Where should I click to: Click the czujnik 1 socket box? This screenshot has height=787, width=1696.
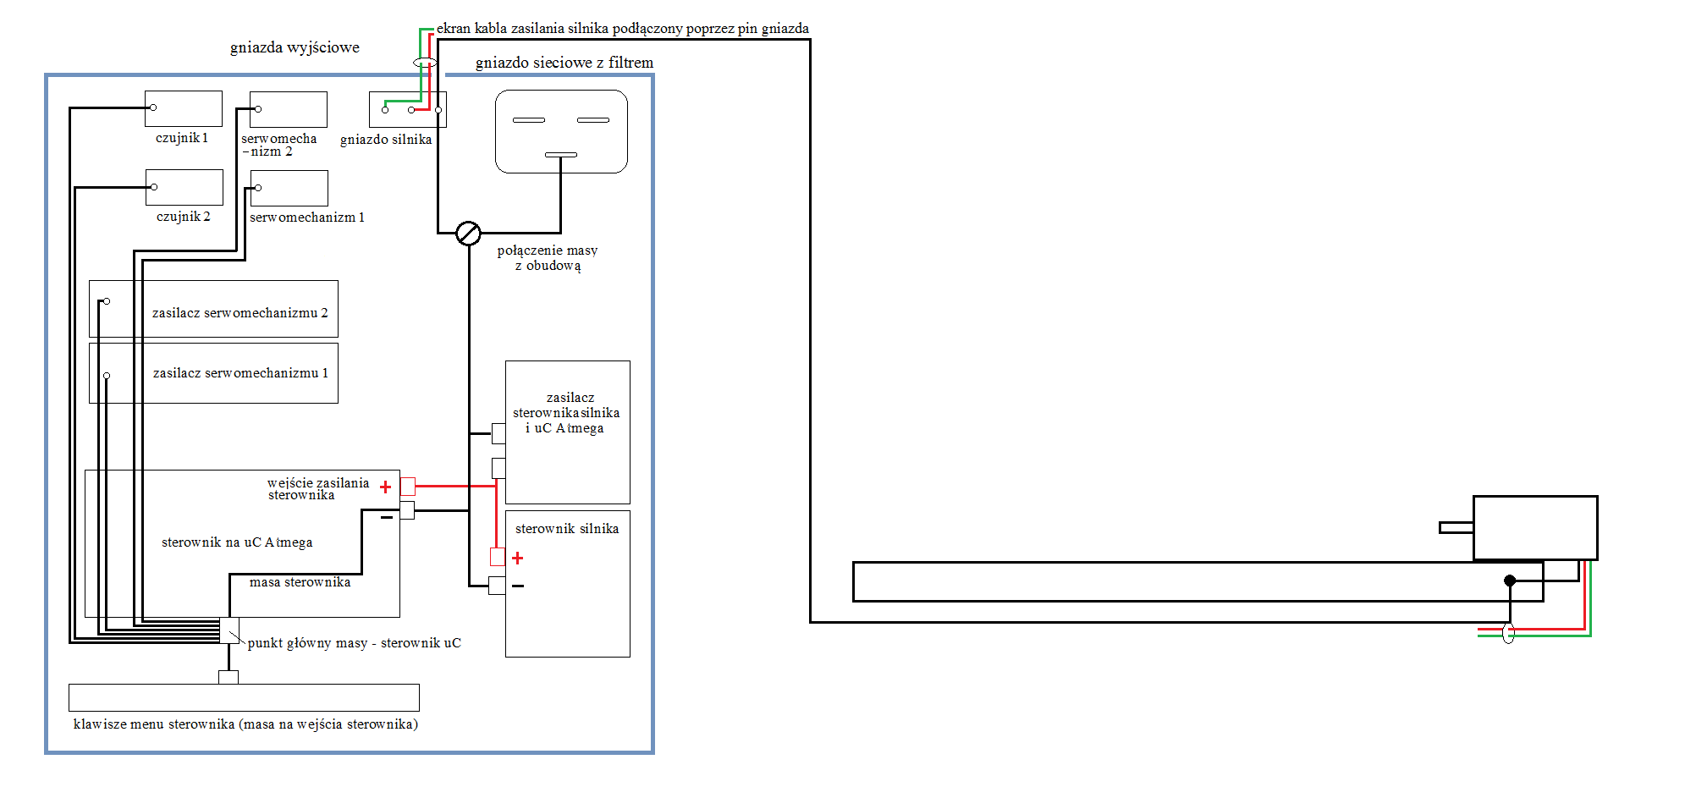click(x=184, y=108)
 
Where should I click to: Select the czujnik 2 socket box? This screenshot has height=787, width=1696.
click(x=184, y=187)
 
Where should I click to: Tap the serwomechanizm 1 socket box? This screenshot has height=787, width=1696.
click(x=289, y=188)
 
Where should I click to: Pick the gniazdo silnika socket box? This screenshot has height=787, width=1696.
click(x=408, y=109)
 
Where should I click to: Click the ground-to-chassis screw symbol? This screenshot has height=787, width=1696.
click(x=468, y=233)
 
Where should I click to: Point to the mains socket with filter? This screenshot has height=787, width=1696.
click(x=561, y=131)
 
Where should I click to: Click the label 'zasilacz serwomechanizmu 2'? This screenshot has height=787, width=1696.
click(x=240, y=313)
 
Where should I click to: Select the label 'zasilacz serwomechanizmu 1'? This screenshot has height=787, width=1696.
click(x=240, y=373)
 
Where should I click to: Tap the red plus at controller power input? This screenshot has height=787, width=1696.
click(x=386, y=487)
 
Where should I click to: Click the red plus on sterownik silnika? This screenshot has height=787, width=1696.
click(x=518, y=559)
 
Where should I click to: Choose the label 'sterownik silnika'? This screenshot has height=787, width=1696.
click(x=567, y=529)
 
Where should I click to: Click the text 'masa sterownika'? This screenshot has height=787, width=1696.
click(x=300, y=582)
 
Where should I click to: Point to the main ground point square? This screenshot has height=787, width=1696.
click(x=229, y=630)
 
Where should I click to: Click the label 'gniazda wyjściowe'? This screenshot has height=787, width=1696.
click(x=295, y=47)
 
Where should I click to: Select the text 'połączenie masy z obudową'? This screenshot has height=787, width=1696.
click(x=548, y=258)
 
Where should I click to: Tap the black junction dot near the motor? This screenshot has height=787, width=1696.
click(x=1510, y=581)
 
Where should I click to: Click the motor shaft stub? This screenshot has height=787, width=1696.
click(x=1456, y=528)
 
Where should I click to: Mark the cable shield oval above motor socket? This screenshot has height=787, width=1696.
click(x=425, y=62)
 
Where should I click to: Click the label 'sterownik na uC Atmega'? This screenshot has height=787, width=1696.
click(x=237, y=542)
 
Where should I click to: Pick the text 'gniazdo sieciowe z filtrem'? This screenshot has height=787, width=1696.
click(x=564, y=63)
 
